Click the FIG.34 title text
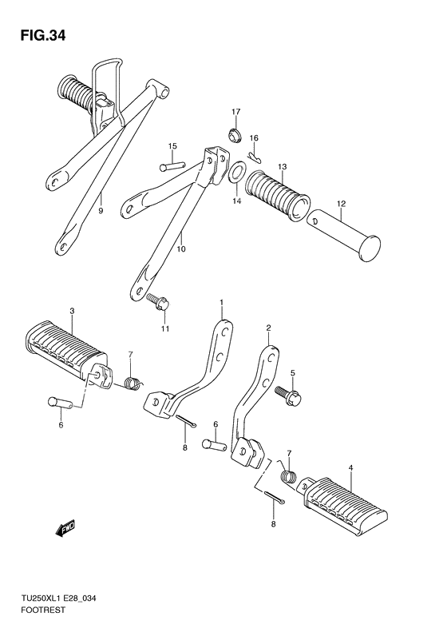click(43, 36)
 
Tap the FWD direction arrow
click(65, 529)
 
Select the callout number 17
click(235, 111)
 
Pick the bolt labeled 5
click(288, 395)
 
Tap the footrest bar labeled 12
click(343, 235)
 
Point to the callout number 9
click(101, 210)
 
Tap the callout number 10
click(181, 249)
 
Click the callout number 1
click(221, 302)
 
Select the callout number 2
click(268, 328)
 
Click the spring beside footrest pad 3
click(133, 383)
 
